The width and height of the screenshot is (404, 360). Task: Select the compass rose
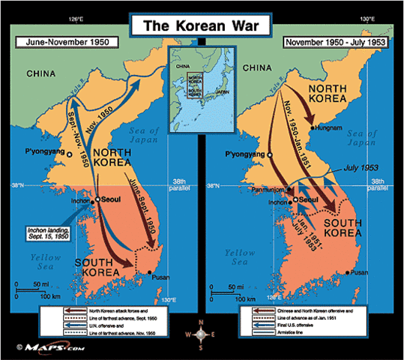pos(200,331)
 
